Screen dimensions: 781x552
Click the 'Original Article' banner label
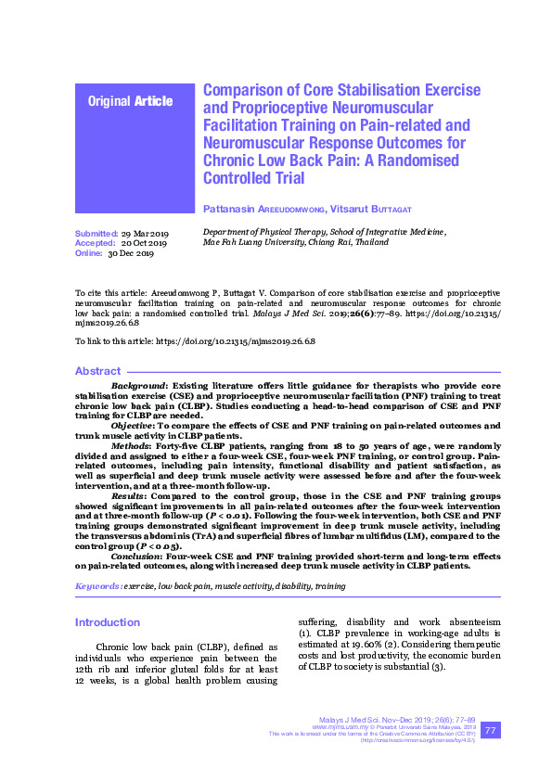tap(130, 100)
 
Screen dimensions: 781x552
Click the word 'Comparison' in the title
tap(244, 90)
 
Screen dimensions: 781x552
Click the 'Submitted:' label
tap(95, 233)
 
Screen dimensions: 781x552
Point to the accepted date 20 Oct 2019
tap(144, 242)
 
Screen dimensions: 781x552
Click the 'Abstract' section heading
tap(97, 371)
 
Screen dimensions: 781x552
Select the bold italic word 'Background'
tap(138, 385)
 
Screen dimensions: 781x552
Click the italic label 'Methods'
tap(131, 446)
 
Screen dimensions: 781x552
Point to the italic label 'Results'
tap(129, 497)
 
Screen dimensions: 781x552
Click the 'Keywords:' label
tap(97, 586)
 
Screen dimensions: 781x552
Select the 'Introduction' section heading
tap(108, 621)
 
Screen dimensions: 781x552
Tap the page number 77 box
tap(492, 731)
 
